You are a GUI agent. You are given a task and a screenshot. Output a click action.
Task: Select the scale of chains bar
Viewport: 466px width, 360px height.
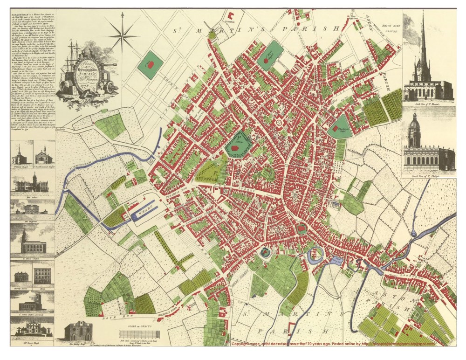(x=139, y=335)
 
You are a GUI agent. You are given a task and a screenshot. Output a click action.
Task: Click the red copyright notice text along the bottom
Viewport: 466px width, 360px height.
(x=333, y=344)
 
